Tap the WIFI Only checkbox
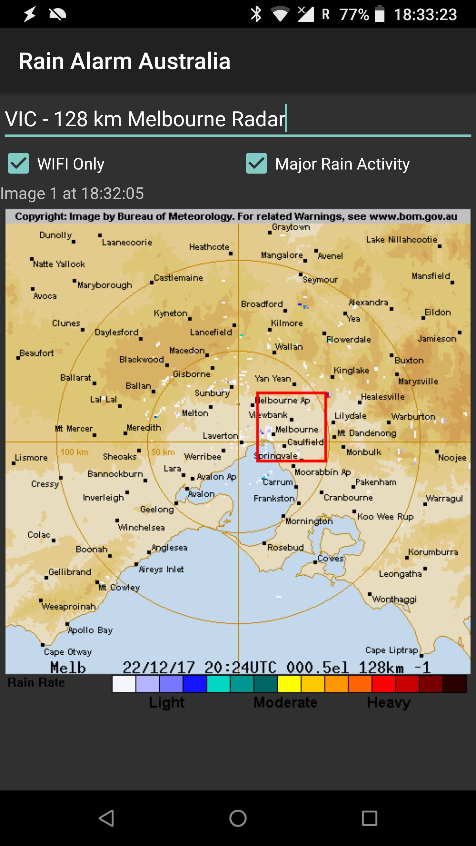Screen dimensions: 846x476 tap(19, 163)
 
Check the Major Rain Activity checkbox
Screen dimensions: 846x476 tap(257, 163)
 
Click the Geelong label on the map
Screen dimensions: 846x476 tap(157, 509)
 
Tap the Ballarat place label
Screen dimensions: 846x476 tap(76, 377)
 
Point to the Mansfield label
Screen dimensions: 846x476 tap(431, 276)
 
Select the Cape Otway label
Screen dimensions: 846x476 tap(68, 652)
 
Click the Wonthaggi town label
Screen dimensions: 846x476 tap(394, 599)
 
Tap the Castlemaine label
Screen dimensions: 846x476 tap(178, 278)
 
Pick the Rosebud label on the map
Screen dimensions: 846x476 tap(285, 548)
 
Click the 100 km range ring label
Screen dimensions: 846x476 tap(74, 452)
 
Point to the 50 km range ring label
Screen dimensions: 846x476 tap(163, 452)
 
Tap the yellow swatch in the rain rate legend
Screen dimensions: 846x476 tap(289, 684)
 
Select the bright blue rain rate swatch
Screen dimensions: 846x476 tap(195, 684)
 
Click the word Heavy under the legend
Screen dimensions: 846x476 tap(389, 702)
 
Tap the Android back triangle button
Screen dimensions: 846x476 tap(106, 818)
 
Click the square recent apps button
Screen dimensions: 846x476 tap(369, 818)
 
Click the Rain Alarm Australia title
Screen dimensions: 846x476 tap(125, 61)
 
